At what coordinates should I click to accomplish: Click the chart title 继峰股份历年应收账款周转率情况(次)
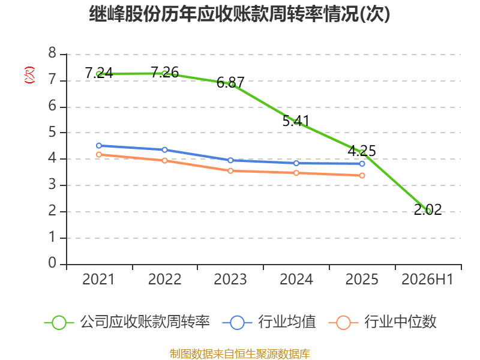pos(239,14)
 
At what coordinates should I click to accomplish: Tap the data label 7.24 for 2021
pos(99,73)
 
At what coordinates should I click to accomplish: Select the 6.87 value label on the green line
pos(230,82)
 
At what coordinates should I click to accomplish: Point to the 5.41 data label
pos(296,121)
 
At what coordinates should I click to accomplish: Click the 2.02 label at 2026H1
pos(428,209)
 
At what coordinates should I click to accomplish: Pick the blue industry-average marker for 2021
pos(99,146)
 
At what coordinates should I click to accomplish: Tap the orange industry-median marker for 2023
pos(230,171)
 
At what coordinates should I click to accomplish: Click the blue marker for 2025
pos(362,164)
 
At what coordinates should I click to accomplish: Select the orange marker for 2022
pos(164,160)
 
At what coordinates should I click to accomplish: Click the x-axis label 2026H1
pos(427,280)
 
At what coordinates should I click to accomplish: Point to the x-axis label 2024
pos(296,280)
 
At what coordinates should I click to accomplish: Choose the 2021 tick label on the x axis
pos(98,280)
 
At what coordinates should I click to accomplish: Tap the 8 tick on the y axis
pos(52,53)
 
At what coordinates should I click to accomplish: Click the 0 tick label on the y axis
pos(52,263)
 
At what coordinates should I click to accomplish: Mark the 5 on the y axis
pos(52,132)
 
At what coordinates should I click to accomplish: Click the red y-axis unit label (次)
pos(29,75)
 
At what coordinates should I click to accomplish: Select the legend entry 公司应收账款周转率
pos(127,322)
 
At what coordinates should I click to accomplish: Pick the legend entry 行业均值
pos(269,322)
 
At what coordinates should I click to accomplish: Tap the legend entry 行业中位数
pos(382,322)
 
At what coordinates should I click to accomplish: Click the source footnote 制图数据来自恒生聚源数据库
pos(240,354)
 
